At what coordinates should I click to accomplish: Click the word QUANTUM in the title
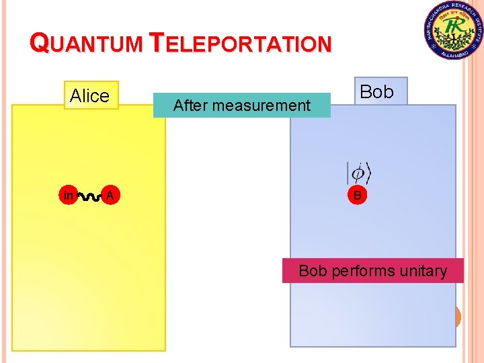pyautogui.click(x=87, y=44)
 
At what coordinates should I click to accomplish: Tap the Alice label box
pyautogui.click(x=89, y=95)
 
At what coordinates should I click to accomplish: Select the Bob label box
pyautogui.click(x=376, y=92)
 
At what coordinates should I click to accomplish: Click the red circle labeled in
pyautogui.click(x=68, y=196)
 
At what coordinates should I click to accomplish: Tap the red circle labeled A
pyautogui.click(x=109, y=196)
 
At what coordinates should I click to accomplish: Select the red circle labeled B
pyautogui.click(x=357, y=196)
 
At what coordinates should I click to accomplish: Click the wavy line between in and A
pyautogui.click(x=88, y=196)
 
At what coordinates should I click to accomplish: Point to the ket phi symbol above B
pyautogui.click(x=358, y=172)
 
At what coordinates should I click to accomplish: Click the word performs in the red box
pyautogui.click(x=362, y=271)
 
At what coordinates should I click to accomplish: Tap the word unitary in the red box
pyautogui.click(x=423, y=271)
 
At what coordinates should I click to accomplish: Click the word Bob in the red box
pyautogui.click(x=312, y=271)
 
